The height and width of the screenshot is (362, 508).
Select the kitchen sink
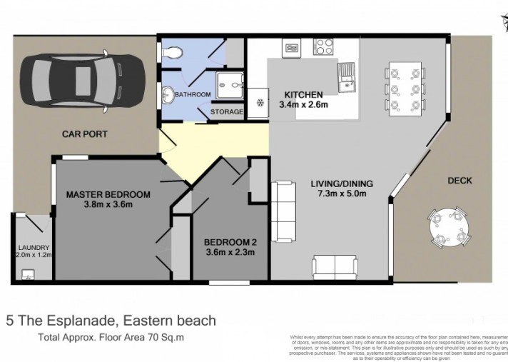(349, 77)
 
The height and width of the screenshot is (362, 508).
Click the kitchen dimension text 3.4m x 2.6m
(304, 106)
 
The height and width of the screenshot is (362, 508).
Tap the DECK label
(459, 181)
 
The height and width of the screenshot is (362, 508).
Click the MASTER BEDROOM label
(108, 194)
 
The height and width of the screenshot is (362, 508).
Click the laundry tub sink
(29, 273)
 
